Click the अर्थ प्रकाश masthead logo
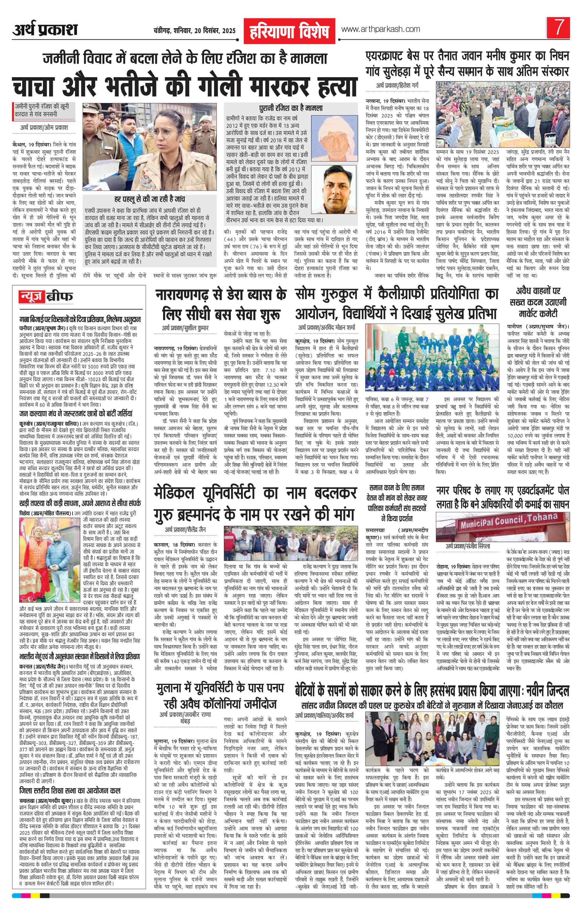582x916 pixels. coord(45,29)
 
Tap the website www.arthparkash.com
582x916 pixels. coord(381,29)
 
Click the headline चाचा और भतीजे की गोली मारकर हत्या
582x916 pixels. coord(185,86)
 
